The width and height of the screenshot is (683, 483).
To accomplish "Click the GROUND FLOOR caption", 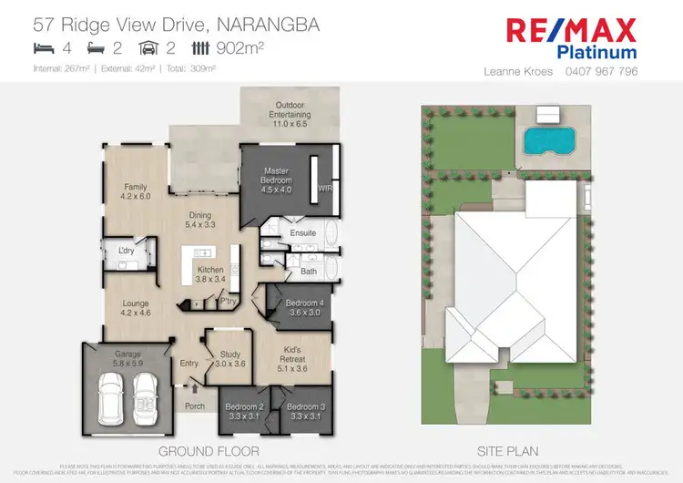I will tap(209, 451).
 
